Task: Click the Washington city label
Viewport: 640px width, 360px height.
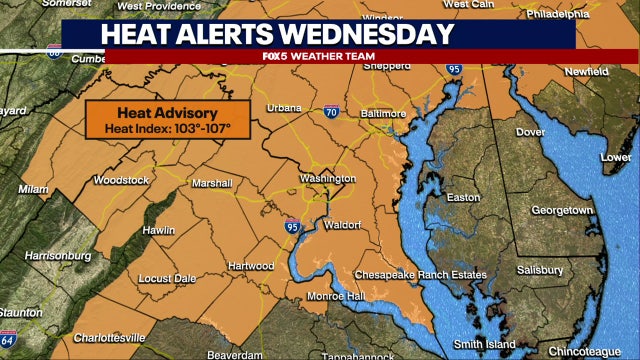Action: [328, 178]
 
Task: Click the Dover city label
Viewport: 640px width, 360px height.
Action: [529, 132]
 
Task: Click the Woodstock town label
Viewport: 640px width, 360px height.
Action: [122, 180]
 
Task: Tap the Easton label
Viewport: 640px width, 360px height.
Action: [462, 197]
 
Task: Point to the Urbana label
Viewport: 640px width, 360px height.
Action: [284, 107]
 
